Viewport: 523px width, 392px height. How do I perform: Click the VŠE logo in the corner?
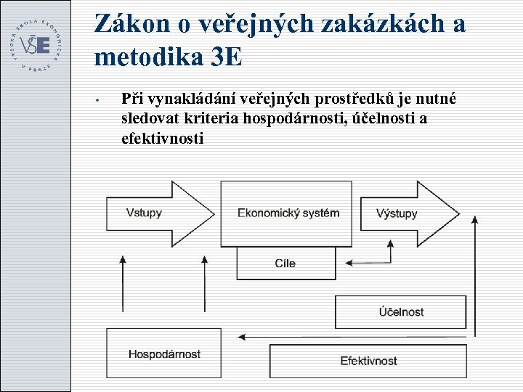click(x=36, y=44)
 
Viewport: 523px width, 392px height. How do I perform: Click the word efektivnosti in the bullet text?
click(x=162, y=138)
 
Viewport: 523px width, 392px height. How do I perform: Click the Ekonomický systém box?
click(x=288, y=213)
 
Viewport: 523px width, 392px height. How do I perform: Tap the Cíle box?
click(x=285, y=263)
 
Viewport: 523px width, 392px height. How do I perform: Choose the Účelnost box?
click(x=400, y=312)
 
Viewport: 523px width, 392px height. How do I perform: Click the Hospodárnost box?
click(x=164, y=354)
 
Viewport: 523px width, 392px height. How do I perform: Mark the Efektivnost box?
click(x=368, y=360)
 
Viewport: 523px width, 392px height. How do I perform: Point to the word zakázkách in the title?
click(x=377, y=23)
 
